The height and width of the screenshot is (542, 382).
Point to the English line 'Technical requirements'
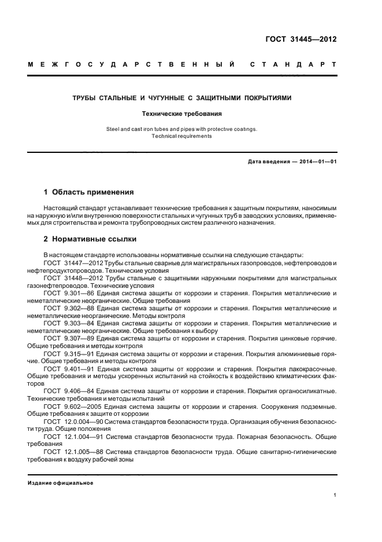point(181,137)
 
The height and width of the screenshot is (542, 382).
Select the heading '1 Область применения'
point(89,192)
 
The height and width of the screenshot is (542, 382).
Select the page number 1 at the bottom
point(335,495)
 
